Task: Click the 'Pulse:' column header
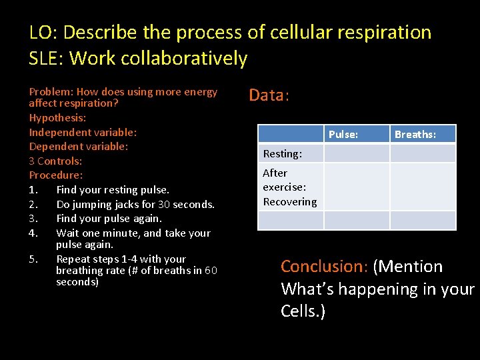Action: tap(343, 135)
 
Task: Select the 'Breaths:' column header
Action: tap(415, 135)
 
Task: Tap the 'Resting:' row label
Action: tap(282, 154)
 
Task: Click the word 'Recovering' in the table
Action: tap(289, 202)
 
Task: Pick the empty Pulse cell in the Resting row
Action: tap(356, 154)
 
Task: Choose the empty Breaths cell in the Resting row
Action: tap(423, 154)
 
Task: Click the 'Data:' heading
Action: tap(269, 95)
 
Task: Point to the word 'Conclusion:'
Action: tap(324, 267)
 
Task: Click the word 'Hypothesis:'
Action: tap(57, 117)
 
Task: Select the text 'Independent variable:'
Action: tap(83, 132)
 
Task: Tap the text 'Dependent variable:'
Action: tap(78, 146)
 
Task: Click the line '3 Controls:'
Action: tap(55, 161)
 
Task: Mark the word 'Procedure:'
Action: tap(56, 175)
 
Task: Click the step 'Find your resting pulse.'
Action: tap(113, 190)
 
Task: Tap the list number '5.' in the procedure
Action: tap(34, 259)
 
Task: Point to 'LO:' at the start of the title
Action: tap(43, 32)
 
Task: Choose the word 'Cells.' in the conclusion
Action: tap(303, 312)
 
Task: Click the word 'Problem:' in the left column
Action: tap(51, 92)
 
